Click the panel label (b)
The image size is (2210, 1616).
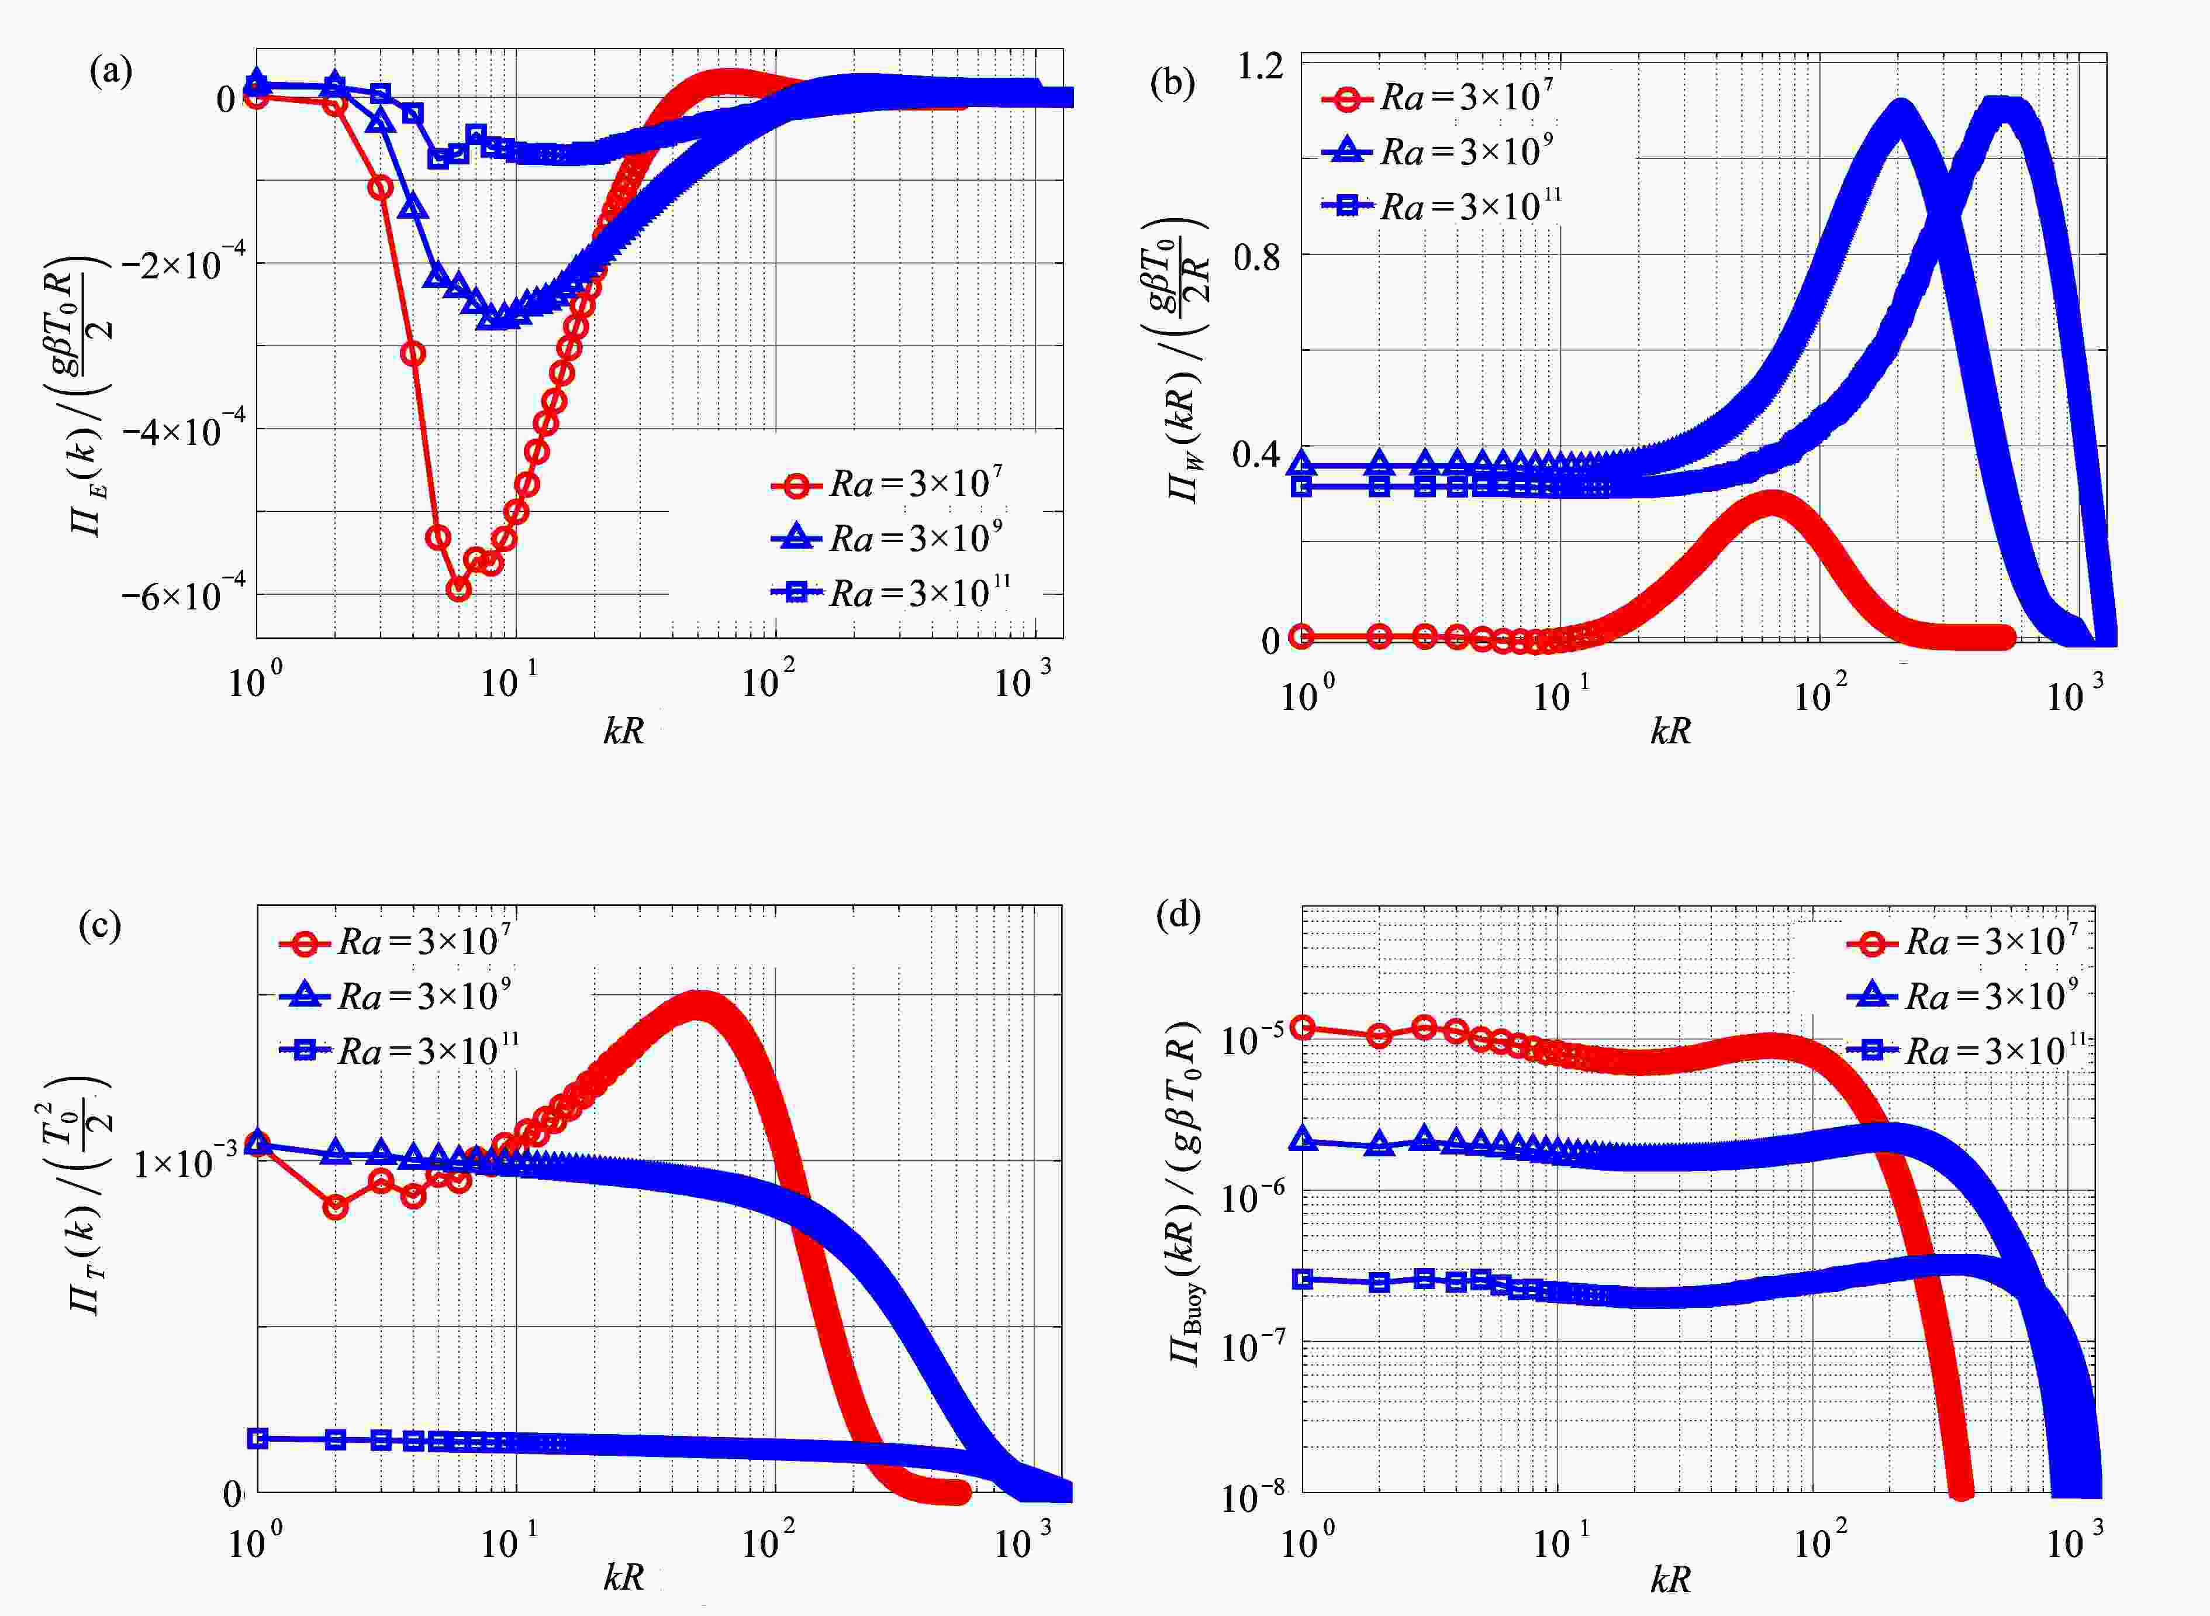tap(1172, 83)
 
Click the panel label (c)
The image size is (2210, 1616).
tap(100, 925)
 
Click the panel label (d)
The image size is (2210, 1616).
tap(1177, 915)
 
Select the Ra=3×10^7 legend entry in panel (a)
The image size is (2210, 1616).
tap(886, 483)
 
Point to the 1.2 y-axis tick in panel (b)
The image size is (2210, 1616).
tap(1259, 67)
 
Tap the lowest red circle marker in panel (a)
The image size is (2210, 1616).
tap(458, 589)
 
